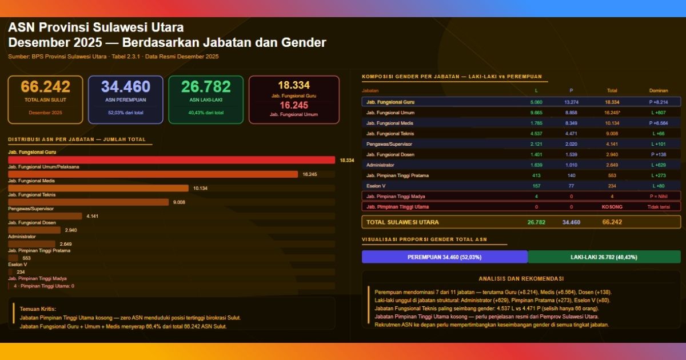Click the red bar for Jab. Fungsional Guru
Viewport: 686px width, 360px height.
pyautogui.click(x=171, y=160)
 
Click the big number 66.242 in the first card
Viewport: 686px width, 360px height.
pyautogui.click(x=45, y=87)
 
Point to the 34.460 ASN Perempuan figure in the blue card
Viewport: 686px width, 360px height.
pyautogui.click(x=126, y=87)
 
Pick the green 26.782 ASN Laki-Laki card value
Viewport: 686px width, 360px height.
pyautogui.click(x=206, y=87)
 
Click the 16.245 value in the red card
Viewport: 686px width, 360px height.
pyautogui.click(x=294, y=105)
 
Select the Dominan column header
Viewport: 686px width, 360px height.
pyautogui.click(x=658, y=90)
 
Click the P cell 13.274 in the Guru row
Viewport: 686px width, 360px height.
pyautogui.click(x=571, y=102)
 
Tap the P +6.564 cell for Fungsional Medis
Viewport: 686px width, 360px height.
pyautogui.click(x=658, y=123)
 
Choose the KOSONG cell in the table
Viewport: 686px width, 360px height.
pyautogui.click(x=612, y=207)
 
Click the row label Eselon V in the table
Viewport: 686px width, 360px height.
pyautogui.click(x=377, y=186)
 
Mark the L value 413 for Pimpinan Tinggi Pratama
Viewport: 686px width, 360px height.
pyautogui.click(x=536, y=175)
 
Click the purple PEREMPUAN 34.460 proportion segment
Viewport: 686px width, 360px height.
pyautogui.click(x=445, y=257)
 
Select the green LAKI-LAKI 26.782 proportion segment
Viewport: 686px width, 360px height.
pyautogui.click(x=604, y=257)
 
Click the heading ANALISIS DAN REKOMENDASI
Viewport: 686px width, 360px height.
pyautogui.click(x=521, y=279)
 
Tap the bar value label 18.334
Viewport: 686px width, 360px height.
pyautogui.click(x=346, y=161)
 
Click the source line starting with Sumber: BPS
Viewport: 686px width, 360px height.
pyautogui.click(x=113, y=57)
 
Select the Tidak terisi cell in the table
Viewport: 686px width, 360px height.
pyautogui.click(x=658, y=207)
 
